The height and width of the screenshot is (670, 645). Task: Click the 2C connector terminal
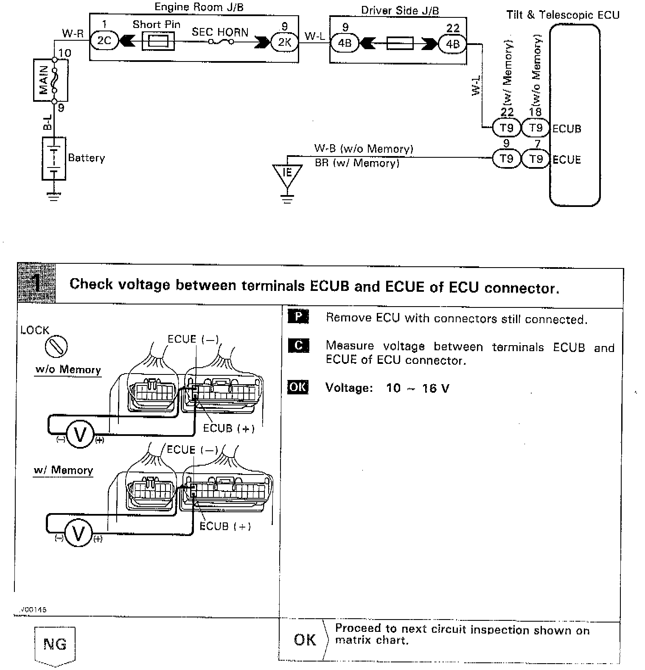(x=104, y=41)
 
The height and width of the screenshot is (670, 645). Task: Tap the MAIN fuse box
(x=44, y=80)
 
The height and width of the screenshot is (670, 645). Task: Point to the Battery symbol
(x=54, y=158)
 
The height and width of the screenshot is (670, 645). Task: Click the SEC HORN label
(x=220, y=32)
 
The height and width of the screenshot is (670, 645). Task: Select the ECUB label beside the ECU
(x=566, y=128)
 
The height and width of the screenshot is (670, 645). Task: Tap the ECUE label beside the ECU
(x=566, y=159)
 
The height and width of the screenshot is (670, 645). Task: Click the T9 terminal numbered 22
(x=506, y=128)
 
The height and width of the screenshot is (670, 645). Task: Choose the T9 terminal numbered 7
(x=536, y=159)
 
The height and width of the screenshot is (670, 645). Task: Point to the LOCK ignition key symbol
(x=56, y=346)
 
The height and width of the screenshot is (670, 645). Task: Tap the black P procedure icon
(x=298, y=317)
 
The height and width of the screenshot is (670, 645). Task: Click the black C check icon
(x=298, y=346)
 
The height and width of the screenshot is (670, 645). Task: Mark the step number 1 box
(x=37, y=283)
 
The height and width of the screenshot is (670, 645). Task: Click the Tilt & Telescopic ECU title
(x=563, y=15)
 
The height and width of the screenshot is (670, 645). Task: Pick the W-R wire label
(x=73, y=33)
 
